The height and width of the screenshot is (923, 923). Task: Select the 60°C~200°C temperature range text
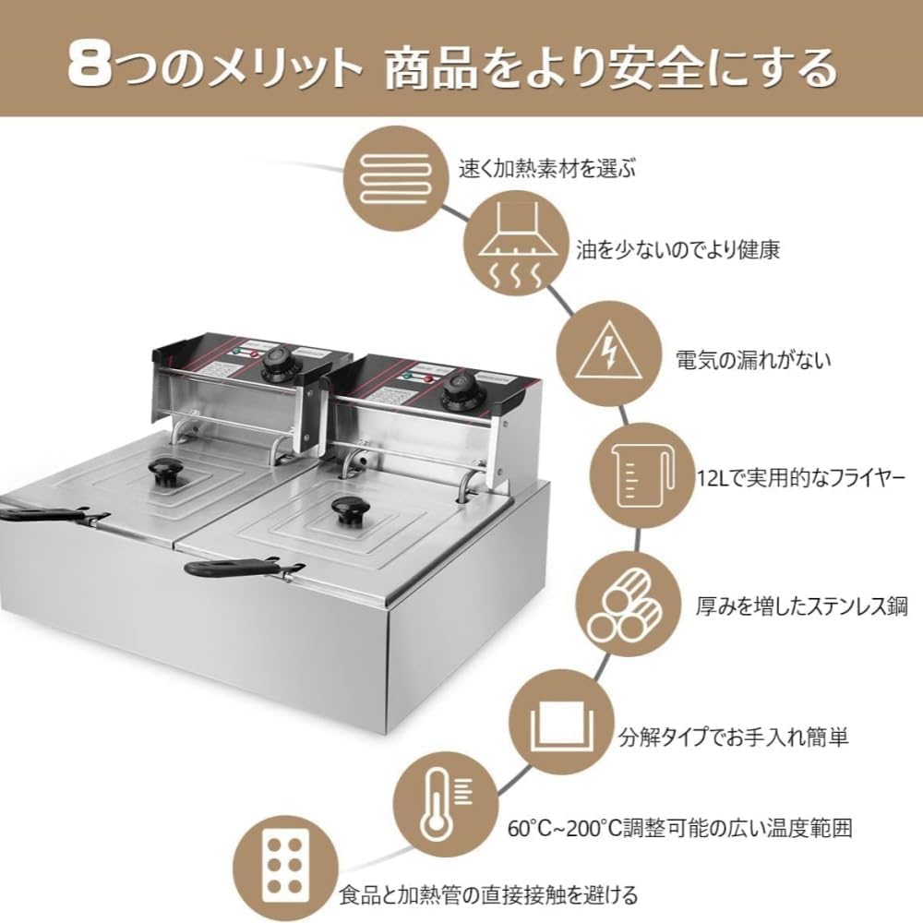(x=678, y=827)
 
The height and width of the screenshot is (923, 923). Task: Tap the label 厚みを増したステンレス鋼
(x=801, y=606)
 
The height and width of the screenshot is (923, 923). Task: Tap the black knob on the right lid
(x=348, y=510)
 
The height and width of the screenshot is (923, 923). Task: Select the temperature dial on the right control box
(x=458, y=396)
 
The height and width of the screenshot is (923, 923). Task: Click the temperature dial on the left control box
(x=277, y=366)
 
